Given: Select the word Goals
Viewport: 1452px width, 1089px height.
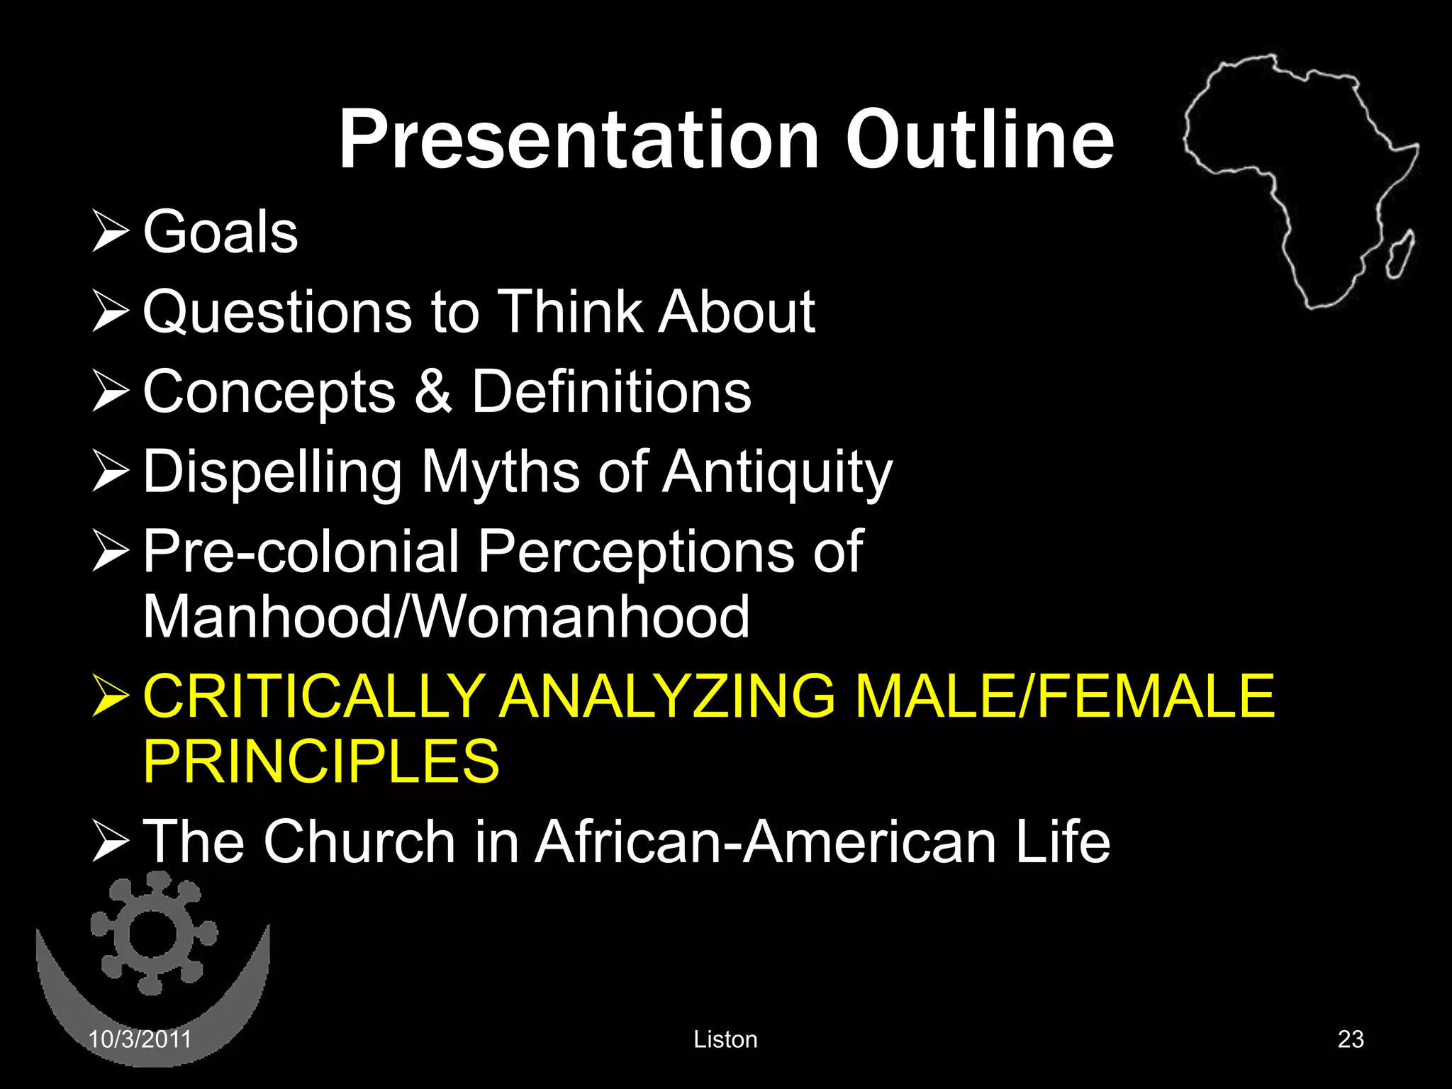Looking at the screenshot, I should click(220, 232).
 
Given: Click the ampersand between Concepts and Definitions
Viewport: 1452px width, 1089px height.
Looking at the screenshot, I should click(433, 391).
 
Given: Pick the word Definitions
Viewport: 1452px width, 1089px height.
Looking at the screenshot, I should click(611, 391).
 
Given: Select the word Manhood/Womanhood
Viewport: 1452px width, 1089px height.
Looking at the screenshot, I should click(446, 617).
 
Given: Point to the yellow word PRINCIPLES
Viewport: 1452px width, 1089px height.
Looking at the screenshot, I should click(321, 761).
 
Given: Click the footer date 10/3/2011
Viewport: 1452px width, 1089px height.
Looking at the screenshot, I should click(140, 1039).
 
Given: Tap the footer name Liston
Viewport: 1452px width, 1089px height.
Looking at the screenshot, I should click(725, 1039).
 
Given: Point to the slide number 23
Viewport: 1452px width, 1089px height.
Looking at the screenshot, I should click(1351, 1039).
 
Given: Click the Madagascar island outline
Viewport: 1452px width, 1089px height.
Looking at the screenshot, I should click(1401, 253).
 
